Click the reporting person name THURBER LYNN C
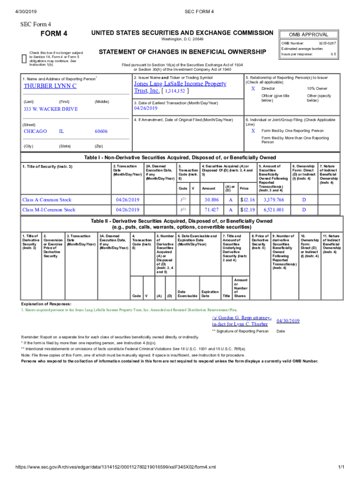(50, 87)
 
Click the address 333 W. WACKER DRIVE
(51, 109)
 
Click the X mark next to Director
(253, 88)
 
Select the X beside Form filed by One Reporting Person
(253, 131)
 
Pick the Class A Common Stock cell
(47, 200)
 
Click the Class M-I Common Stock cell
(49, 210)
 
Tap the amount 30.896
(212, 200)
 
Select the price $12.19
(247, 210)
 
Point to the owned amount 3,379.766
(274, 200)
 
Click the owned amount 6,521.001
(274, 210)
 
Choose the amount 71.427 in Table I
(212, 210)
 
